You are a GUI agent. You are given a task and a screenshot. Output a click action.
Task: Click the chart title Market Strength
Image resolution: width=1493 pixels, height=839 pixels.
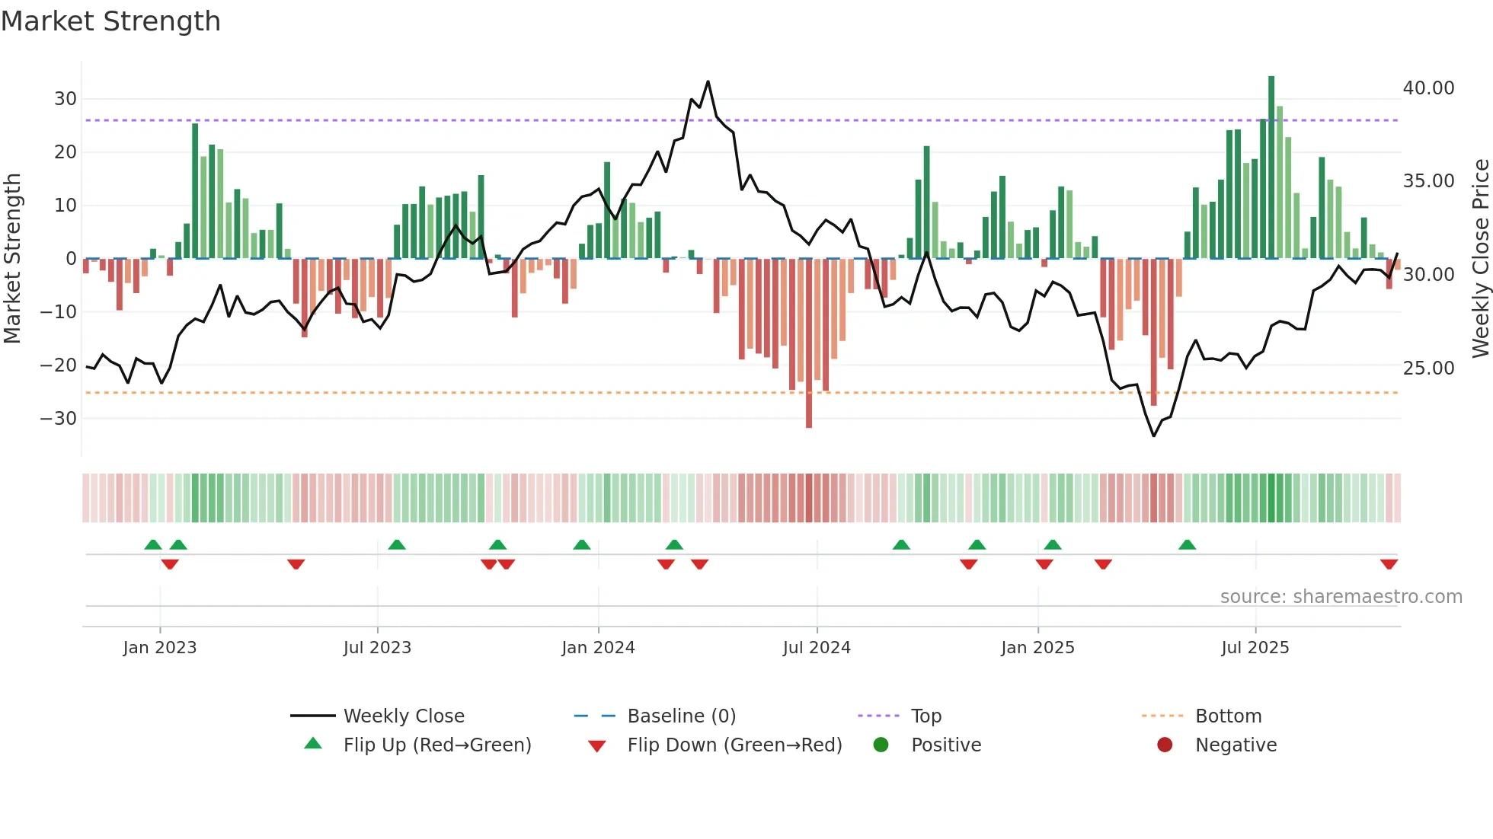[x=110, y=21]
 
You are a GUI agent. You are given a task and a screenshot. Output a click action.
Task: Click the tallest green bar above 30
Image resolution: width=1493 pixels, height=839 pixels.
[x=1271, y=167]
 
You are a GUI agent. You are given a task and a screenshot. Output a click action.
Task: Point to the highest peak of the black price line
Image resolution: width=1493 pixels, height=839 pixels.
[x=708, y=81]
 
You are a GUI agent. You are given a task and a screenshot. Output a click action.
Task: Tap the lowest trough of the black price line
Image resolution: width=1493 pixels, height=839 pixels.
[x=1154, y=435]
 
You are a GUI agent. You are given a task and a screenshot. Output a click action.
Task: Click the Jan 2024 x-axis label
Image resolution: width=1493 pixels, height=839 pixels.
[x=598, y=648]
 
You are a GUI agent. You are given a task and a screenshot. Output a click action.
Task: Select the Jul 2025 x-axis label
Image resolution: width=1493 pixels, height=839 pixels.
[x=1255, y=648]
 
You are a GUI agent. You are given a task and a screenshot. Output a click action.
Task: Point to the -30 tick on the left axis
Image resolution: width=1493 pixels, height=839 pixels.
[x=59, y=419]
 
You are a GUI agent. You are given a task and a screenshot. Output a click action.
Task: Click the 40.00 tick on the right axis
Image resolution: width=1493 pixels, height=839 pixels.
[x=1428, y=88]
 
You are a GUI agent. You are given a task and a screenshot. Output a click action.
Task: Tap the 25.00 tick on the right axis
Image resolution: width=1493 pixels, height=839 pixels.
[x=1428, y=368]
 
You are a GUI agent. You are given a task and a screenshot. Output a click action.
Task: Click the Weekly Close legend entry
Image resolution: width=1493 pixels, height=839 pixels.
[x=403, y=716]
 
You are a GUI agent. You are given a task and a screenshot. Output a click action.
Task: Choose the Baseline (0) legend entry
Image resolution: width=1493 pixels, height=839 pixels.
[x=681, y=716]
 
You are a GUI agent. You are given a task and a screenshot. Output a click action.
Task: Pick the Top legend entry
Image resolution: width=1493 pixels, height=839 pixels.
[x=926, y=716]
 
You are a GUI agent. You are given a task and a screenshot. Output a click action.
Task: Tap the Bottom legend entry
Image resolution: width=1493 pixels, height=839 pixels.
[x=1228, y=716]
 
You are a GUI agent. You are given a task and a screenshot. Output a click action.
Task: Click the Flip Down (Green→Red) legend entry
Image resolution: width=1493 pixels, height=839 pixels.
[x=734, y=745]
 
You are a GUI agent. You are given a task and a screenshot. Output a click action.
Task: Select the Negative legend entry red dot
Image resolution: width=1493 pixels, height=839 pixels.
[x=1165, y=745]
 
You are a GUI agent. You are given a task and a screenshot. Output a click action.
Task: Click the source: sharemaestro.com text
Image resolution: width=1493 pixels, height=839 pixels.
[x=1341, y=597]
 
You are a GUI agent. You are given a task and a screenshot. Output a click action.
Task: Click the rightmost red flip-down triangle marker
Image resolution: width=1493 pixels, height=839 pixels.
[x=1389, y=563]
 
